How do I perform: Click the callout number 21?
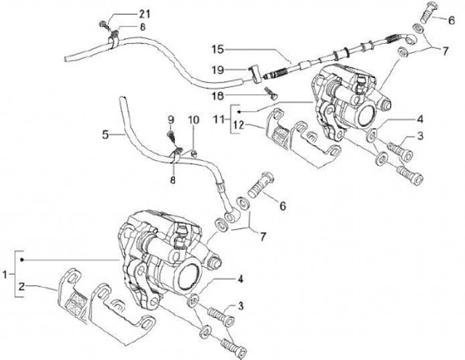(x=143, y=14)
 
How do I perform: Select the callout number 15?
(x=216, y=48)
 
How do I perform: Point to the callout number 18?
(x=218, y=95)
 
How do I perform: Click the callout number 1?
(x=6, y=275)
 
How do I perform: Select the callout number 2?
(x=23, y=285)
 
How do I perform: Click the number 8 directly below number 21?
(x=143, y=26)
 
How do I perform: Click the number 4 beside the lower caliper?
(x=240, y=279)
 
